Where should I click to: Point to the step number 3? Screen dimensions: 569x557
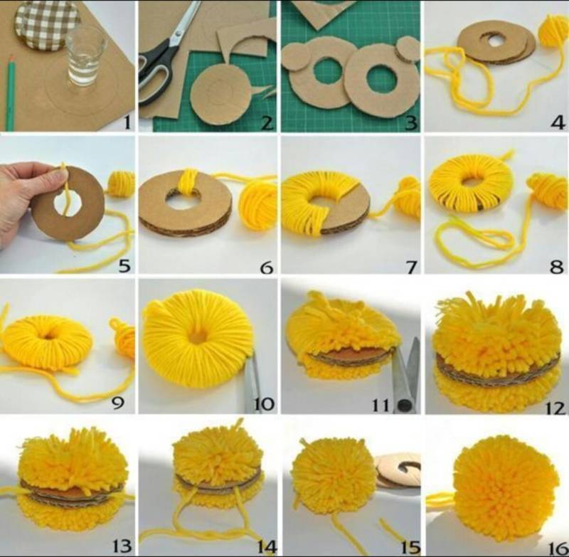coord(411,123)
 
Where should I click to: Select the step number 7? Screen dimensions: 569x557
coord(412,267)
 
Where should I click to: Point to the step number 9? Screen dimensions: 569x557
coord(117,402)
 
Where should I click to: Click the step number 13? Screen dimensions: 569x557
coord(122,546)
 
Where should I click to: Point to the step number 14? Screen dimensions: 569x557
coord(267,546)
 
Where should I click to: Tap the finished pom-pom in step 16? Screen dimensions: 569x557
coord(506,488)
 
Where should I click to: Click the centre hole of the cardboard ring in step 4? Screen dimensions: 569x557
coord(494,40)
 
